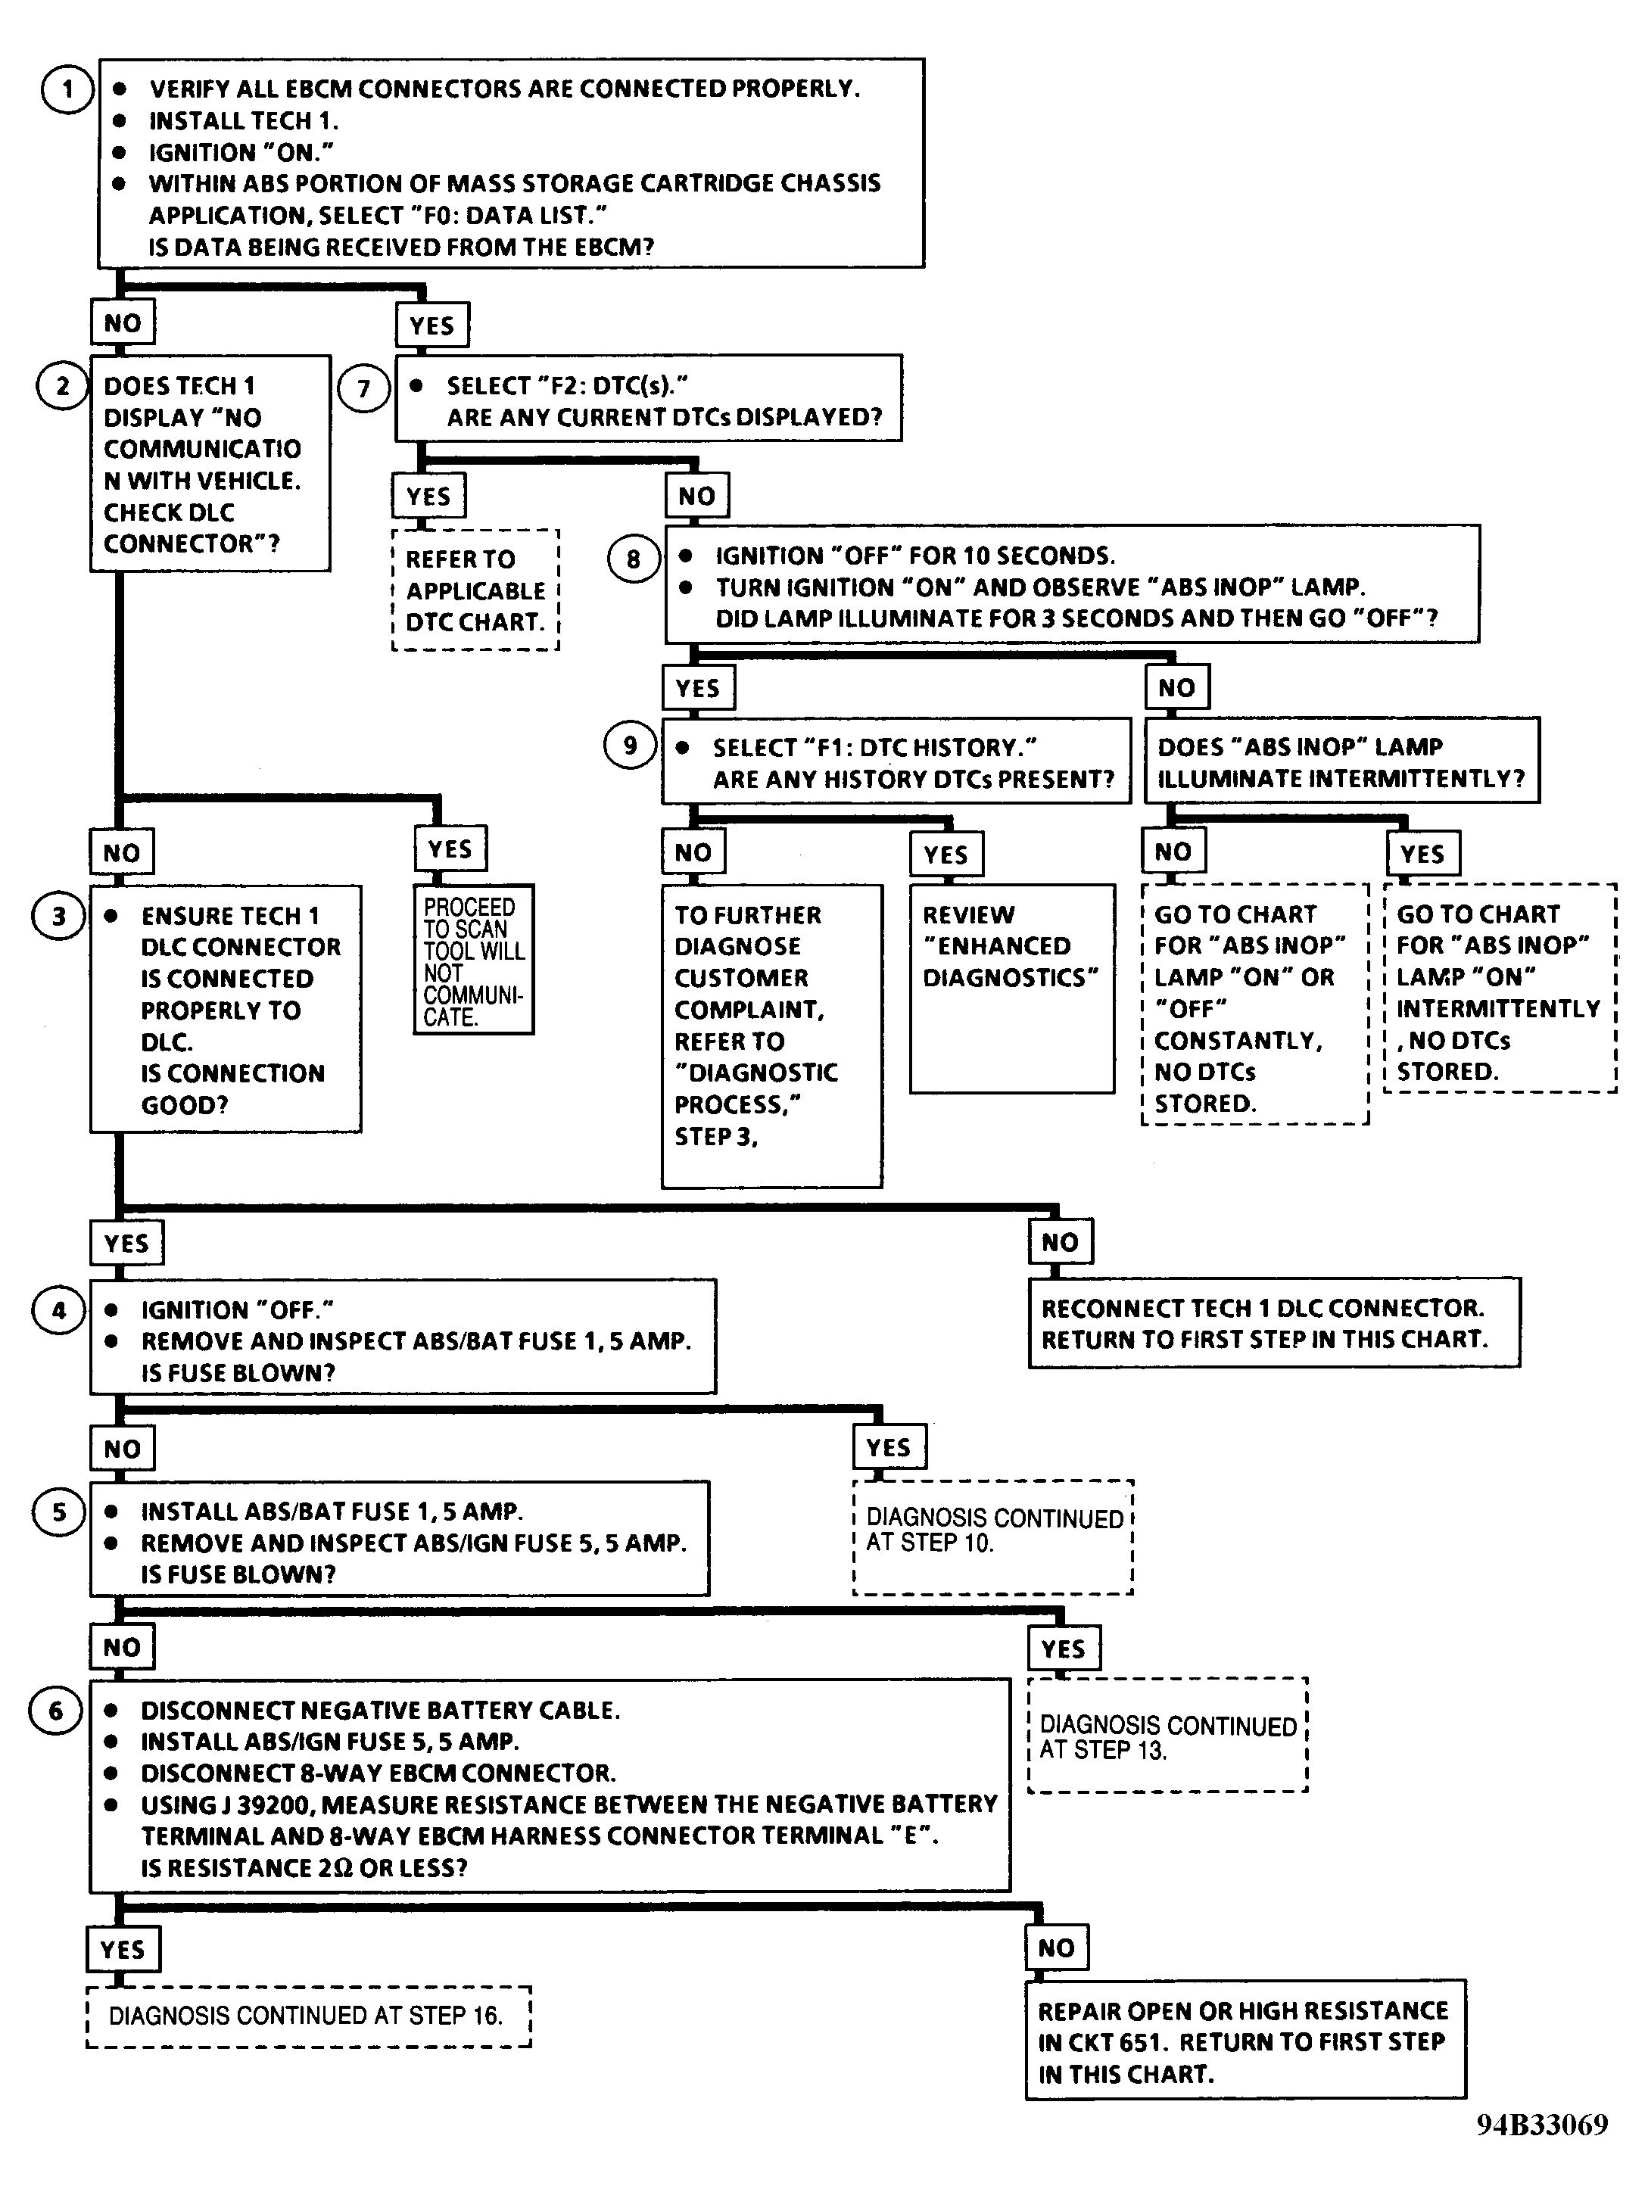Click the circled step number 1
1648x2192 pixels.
click(x=67, y=89)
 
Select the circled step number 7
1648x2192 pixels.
click(x=363, y=388)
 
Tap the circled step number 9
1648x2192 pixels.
click(x=631, y=746)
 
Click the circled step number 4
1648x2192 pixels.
click(x=58, y=1310)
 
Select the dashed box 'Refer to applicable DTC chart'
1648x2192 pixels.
click(x=475, y=590)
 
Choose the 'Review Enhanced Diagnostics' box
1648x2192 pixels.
click(x=1012, y=989)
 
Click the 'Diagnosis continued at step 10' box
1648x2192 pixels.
click(x=993, y=1537)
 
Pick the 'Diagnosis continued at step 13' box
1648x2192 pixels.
click(x=1168, y=1735)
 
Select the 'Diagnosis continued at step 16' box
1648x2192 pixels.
click(x=308, y=2016)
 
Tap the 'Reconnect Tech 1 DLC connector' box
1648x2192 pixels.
click(x=1274, y=1323)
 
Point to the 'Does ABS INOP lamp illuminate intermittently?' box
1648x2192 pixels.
click(x=1341, y=761)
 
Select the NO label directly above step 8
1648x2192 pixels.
click(x=696, y=497)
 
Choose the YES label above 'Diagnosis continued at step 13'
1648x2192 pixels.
click(x=1064, y=1649)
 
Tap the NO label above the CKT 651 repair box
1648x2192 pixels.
click(x=1056, y=1948)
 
